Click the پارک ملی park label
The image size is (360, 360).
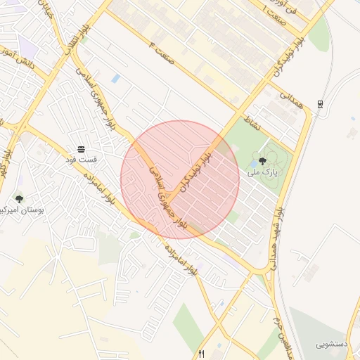coord(266,172)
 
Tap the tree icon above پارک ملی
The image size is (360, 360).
coord(262,161)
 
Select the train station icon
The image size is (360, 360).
coord(320,104)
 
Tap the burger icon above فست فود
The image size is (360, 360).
coord(81,149)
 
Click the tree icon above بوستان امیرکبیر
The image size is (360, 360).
coord(19,199)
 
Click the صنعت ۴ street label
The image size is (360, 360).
coord(160,51)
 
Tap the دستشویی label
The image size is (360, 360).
coord(332,345)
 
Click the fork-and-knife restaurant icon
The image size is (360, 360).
coord(202,354)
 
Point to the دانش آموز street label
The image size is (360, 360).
coord(13,58)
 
